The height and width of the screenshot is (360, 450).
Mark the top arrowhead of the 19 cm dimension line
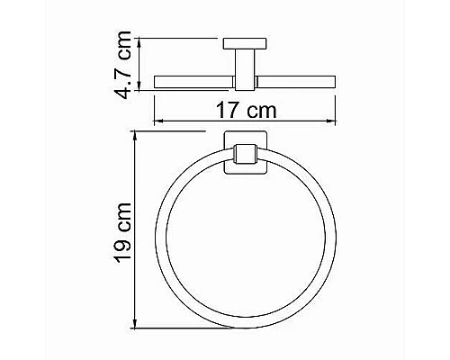tap(134, 134)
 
